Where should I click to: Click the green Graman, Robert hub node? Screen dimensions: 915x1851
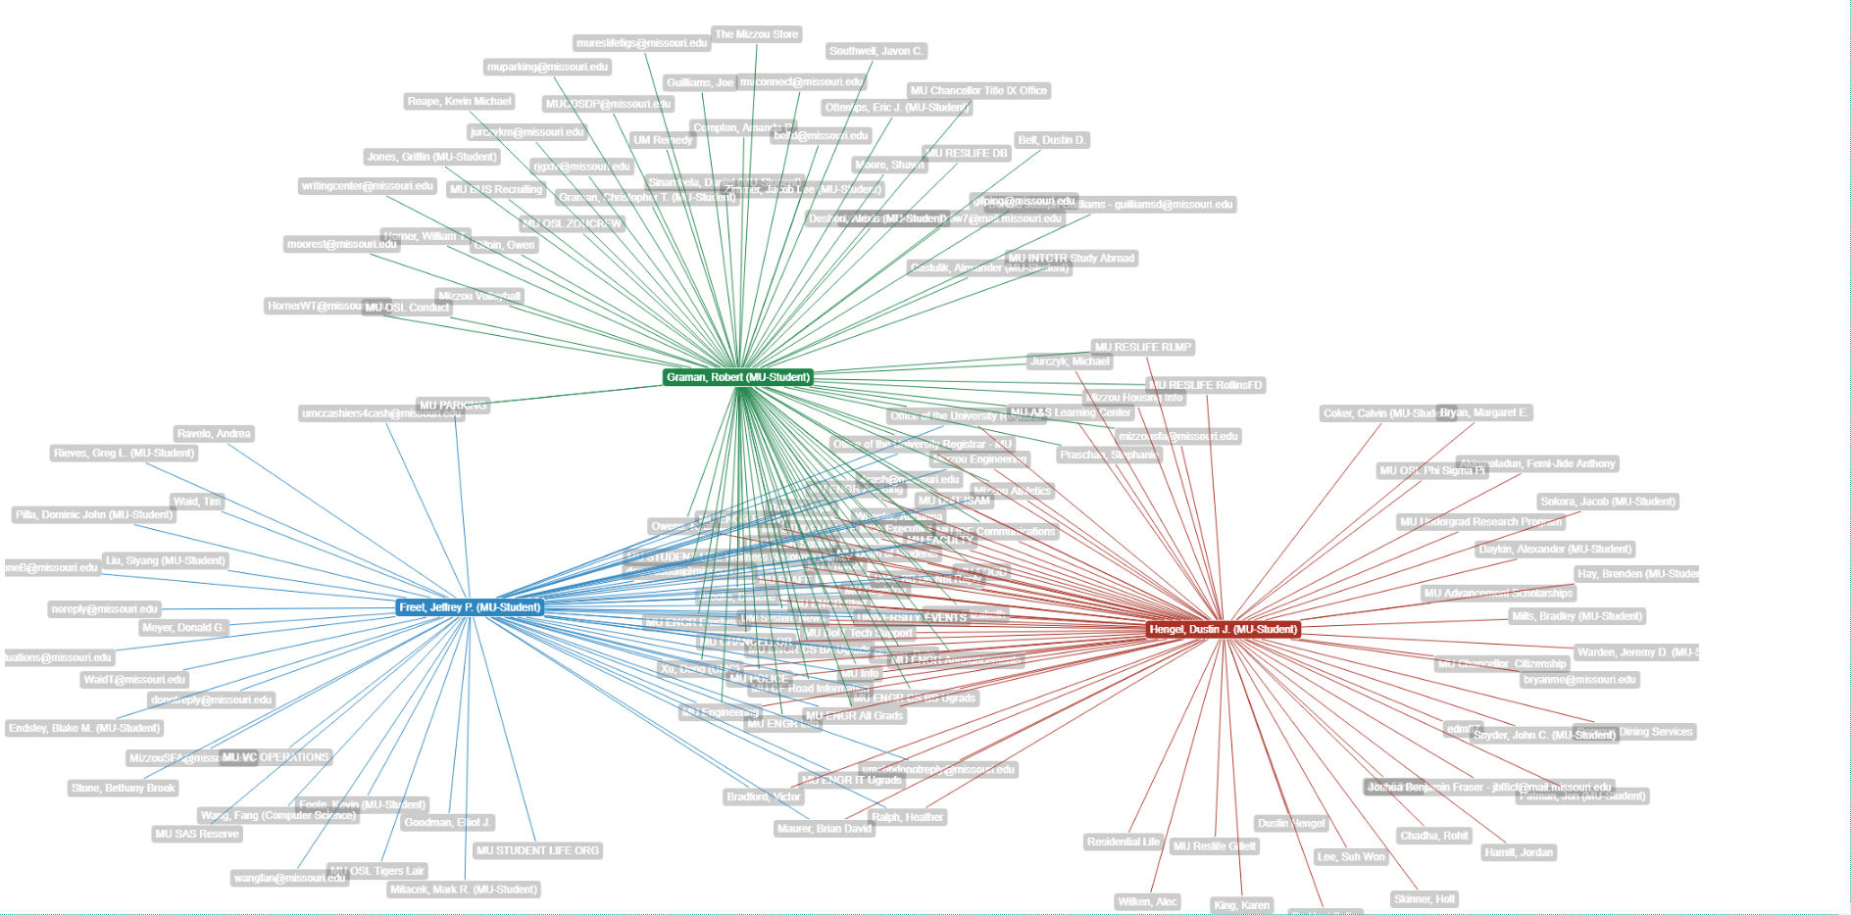pos(738,377)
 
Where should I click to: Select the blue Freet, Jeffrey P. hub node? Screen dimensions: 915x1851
pos(470,607)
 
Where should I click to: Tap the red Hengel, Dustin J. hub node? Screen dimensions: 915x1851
pos(1224,629)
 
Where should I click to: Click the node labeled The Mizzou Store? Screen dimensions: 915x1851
pos(756,34)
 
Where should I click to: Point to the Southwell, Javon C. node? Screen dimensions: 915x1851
pos(875,51)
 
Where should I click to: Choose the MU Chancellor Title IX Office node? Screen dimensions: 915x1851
pos(978,90)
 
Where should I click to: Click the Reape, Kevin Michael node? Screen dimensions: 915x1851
pos(459,101)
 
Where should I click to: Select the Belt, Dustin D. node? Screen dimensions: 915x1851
pos(1052,140)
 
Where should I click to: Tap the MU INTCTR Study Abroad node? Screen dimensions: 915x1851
pos(1072,259)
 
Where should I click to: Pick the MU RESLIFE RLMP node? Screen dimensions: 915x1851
pos(1143,347)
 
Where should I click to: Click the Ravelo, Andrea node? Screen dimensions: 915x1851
pos(214,433)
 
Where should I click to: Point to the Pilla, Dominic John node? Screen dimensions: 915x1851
pos(94,514)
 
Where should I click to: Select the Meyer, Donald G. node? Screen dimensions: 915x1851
pos(183,627)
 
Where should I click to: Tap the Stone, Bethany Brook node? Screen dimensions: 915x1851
pos(124,788)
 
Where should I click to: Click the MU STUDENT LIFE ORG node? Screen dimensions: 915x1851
pos(537,850)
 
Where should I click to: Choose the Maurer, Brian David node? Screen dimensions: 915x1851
pos(824,828)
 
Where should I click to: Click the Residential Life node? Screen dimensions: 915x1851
pos(1124,842)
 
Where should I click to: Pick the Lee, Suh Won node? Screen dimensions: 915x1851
pos(1351,856)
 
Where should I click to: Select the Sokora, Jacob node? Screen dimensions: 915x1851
pos(1608,502)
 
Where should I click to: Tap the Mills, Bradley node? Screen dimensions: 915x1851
pos(1576,616)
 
